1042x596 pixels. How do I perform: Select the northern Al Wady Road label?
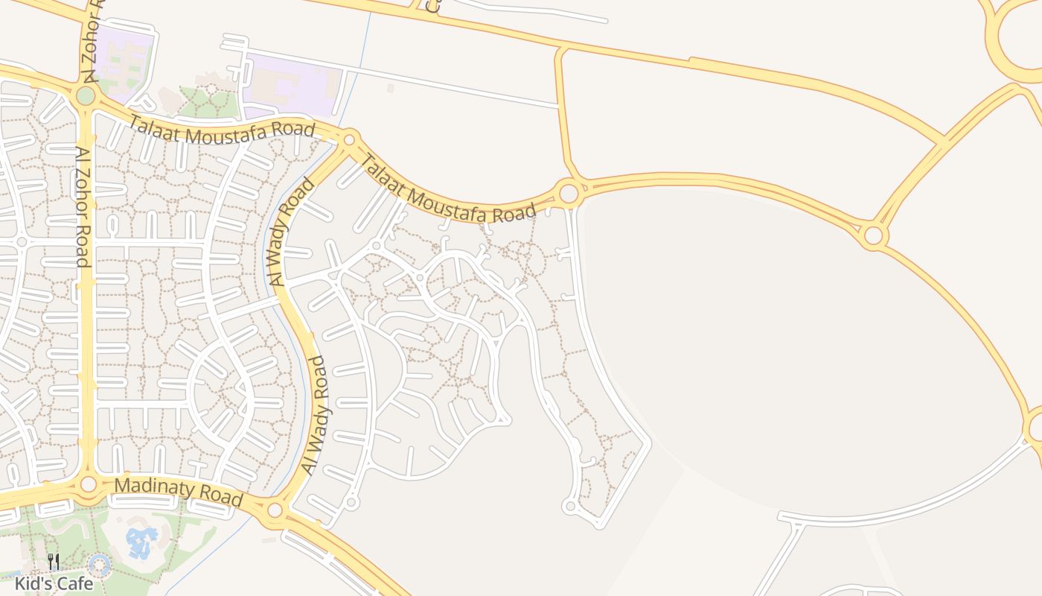tap(289, 231)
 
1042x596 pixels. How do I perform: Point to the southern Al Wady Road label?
tap(316, 414)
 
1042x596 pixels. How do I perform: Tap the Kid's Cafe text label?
tap(54, 583)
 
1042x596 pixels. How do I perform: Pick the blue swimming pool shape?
tap(141, 542)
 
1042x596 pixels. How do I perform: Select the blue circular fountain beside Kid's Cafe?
tap(100, 566)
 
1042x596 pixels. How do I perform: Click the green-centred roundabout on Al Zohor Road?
tap(86, 95)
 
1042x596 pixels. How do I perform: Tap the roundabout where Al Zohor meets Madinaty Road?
tap(89, 484)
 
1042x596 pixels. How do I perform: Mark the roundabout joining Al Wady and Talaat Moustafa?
tap(349, 139)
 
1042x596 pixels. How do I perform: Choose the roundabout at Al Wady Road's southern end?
tap(275, 510)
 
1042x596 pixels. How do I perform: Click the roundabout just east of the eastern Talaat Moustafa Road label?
tap(569, 194)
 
